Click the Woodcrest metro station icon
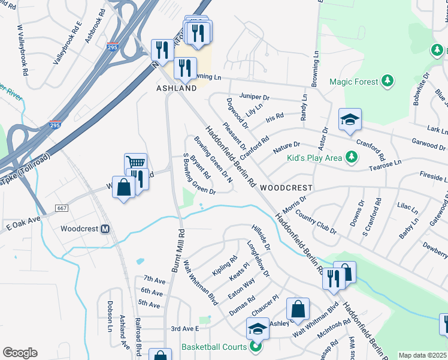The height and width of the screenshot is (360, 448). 105,229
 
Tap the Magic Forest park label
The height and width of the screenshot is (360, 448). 354,82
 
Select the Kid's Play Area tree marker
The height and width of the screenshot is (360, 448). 352,158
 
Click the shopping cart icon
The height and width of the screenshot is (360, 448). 135,163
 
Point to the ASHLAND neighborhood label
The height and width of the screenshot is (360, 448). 177,88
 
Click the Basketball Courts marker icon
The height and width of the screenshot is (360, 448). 256,347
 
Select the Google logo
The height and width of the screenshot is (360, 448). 20,353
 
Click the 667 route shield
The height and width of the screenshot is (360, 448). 62,208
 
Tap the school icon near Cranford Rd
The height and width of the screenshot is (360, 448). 350,120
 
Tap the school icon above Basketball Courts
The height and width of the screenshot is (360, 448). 258,328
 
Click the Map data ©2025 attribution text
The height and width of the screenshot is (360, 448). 423,355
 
